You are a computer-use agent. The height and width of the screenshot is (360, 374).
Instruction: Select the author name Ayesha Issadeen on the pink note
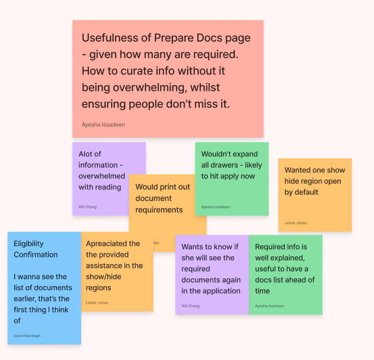tap(103, 125)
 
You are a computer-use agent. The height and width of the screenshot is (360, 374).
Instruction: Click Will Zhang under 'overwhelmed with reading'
tap(88, 207)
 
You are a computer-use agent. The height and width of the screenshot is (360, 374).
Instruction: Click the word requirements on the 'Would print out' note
tap(159, 210)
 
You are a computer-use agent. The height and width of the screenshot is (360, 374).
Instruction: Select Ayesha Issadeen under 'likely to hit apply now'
tap(215, 207)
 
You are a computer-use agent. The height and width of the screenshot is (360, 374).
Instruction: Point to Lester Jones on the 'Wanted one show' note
tap(296, 223)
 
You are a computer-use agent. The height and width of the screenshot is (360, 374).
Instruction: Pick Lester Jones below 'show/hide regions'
tap(97, 303)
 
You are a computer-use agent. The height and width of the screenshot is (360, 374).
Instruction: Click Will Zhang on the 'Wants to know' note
tap(190, 306)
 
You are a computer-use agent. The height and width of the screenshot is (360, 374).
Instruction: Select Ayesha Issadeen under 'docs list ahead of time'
tap(269, 306)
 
